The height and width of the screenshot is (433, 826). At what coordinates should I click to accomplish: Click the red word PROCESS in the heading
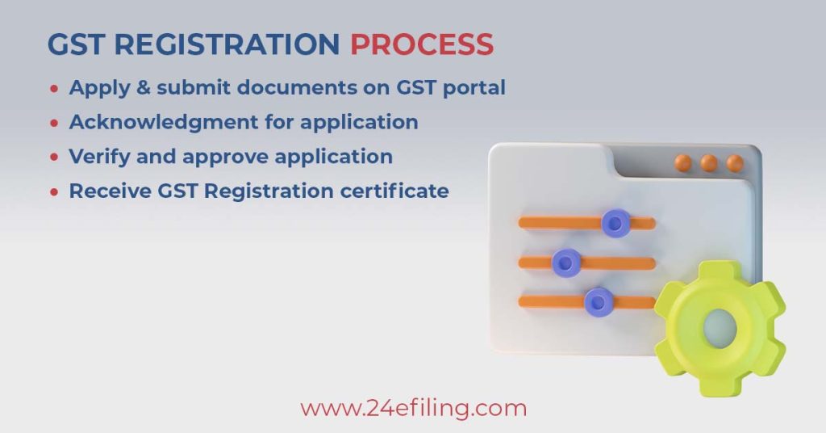click(422, 44)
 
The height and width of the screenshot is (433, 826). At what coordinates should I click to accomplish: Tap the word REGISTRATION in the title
click(227, 44)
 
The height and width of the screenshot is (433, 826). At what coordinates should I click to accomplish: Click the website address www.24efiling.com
click(414, 409)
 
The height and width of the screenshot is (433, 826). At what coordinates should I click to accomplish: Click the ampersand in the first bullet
click(143, 87)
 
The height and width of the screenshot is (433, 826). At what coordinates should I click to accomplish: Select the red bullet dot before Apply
click(54, 89)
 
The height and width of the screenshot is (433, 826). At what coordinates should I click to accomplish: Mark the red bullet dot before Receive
click(54, 192)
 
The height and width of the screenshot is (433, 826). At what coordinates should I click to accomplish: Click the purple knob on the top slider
click(615, 223)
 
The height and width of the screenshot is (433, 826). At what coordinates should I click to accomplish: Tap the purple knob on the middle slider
click(566, 262)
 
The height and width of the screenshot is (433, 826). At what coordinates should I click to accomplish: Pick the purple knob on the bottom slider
click(599, 302)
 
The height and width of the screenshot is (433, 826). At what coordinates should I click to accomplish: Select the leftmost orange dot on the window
click(683, 162)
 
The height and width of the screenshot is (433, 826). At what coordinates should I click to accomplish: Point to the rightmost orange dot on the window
click(735, 163)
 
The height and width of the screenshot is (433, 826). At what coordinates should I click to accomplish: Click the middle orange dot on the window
click(709, 163)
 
